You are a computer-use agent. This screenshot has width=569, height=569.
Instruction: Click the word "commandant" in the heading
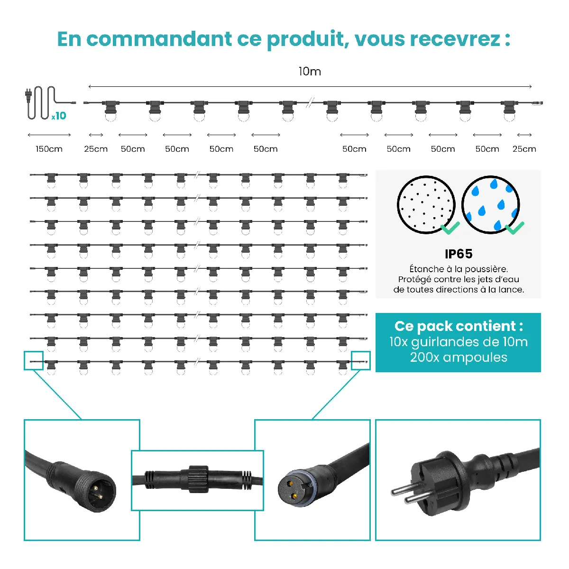click(x=159, y=39)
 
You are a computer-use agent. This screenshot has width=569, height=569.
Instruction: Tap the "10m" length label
click(x=310, y=72)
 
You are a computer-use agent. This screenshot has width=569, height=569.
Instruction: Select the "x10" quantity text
click(x=59, y=116)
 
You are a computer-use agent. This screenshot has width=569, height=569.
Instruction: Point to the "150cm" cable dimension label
click(x=49, y=149)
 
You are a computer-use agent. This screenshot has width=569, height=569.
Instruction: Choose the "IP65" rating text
click(x=458, y=254)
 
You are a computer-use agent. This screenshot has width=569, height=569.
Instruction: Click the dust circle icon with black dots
click(x=426, y=205)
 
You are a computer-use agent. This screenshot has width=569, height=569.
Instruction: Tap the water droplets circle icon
click(x=490, y=205)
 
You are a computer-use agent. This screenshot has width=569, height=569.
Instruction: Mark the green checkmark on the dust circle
click(x=450, y=228)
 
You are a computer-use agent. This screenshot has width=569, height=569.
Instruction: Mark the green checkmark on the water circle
click(x=514, y=228)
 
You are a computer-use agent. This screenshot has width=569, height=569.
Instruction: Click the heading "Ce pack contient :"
click(x=458, y=326)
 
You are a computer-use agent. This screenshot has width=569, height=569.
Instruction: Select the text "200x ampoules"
click(x=458, y=358)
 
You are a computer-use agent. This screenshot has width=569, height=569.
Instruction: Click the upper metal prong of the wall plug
click(x=402, y=491)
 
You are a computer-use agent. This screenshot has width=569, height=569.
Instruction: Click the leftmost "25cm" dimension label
click(x=96, y=149)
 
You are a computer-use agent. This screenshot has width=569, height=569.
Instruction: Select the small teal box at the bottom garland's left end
click(x=34, y=360)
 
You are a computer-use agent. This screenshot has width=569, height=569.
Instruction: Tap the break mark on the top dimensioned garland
click(x=310, y=103)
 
